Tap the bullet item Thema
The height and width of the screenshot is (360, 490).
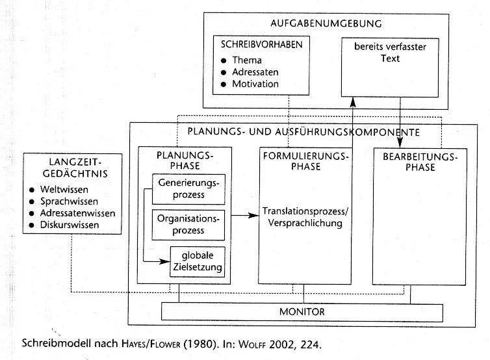pyautogui.click(x=247, y=60)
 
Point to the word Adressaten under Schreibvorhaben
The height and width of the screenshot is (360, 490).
pyautogui.click(x=256, y=72)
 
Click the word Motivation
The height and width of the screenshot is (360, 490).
pyautogui.click(x=255, y=84)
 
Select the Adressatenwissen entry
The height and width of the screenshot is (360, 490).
pyautogui.click(x=77, y=213)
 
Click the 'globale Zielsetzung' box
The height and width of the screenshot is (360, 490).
pyautogui.click(x=198, y=261)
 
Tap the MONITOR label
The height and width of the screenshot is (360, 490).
pyautogui.click(x=302, y=312)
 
